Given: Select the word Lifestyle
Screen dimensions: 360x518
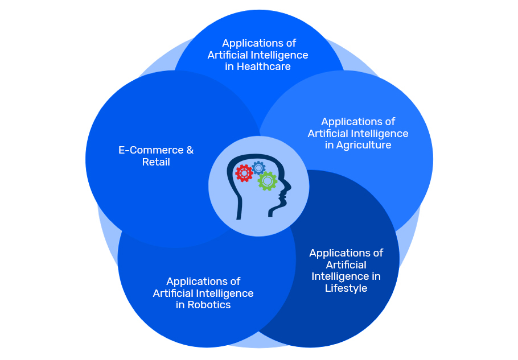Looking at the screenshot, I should coord(346,288).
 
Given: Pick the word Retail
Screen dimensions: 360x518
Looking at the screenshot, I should coord(156,163).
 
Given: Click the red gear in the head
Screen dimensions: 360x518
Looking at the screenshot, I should coord(244,173).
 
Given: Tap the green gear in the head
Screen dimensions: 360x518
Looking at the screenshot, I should coord(267,181).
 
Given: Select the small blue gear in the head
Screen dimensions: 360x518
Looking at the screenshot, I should coord(258,167).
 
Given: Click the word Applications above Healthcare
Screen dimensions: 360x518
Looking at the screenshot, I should coord(259,43).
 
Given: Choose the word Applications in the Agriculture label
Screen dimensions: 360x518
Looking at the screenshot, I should coord(358,121).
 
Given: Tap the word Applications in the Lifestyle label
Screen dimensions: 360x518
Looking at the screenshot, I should coord(346,253).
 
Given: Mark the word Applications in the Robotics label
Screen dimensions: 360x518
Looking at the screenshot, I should coord(203,281).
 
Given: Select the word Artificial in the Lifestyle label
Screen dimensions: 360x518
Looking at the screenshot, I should coord(346,264).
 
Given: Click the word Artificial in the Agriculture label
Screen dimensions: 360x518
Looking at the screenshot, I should coord(328,133).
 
